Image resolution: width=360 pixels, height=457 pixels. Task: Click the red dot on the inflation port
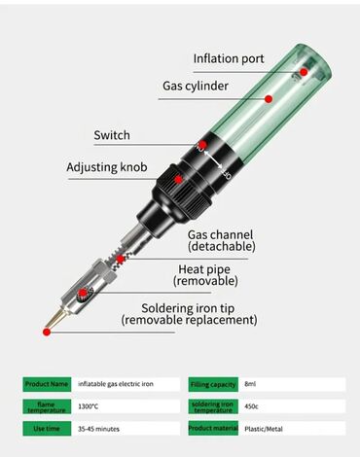tap(304, 72)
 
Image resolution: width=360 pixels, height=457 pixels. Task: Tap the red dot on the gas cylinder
tap(269, 99)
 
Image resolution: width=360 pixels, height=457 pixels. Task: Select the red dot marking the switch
tap(202, 145)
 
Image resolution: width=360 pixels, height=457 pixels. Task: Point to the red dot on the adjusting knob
tap(178, 180)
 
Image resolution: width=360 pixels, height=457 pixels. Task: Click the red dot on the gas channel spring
tap(121, 259)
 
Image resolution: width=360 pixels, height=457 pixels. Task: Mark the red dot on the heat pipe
tap(84, 293)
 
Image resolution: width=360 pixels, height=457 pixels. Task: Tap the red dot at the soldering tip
tap(47, 332)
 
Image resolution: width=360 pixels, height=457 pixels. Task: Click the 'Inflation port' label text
tap(229, 58)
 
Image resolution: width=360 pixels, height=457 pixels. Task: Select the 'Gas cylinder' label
tap(196, 87)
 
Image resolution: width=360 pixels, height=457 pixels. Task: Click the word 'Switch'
tap(112, 135)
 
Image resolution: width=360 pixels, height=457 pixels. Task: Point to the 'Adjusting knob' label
tap(107, 167)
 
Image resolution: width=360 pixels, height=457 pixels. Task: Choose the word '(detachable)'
tap(222, 247)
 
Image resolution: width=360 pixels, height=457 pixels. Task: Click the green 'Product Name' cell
tap(47, 384)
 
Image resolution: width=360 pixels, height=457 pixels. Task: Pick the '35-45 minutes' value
tap(98, 429)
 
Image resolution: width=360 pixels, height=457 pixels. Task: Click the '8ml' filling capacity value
tap(250, 384)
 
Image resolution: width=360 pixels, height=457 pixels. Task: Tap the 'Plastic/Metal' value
tap(264, 429)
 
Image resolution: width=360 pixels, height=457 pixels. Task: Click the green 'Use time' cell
tap(47, 429)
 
